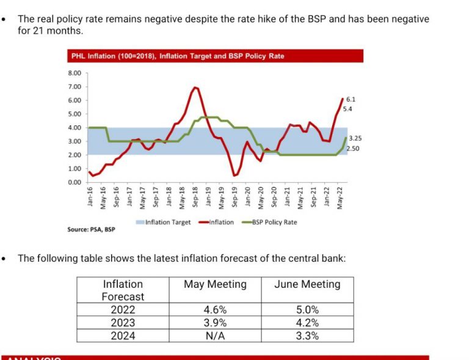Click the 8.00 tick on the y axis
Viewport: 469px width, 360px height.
[75, 73]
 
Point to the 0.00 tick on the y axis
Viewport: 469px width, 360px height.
[75, 182]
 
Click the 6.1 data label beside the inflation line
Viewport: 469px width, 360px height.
[351, 99]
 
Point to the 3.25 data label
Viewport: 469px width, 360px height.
[354, 139]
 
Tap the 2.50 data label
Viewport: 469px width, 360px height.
[352, 149]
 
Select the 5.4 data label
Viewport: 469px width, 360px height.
[348, 109]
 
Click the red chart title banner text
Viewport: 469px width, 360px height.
[178, 56]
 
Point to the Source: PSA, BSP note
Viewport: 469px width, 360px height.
[91, 230]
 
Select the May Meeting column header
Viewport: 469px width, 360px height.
[215, 284]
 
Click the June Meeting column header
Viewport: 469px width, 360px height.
[307, 284]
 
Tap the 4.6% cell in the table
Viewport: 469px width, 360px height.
[215, 310]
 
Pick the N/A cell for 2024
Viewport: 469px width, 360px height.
[215, 336]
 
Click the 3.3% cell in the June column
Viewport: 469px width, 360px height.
[307, 336]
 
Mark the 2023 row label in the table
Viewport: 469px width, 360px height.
[123, 323]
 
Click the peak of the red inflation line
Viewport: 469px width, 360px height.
[195, 87]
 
